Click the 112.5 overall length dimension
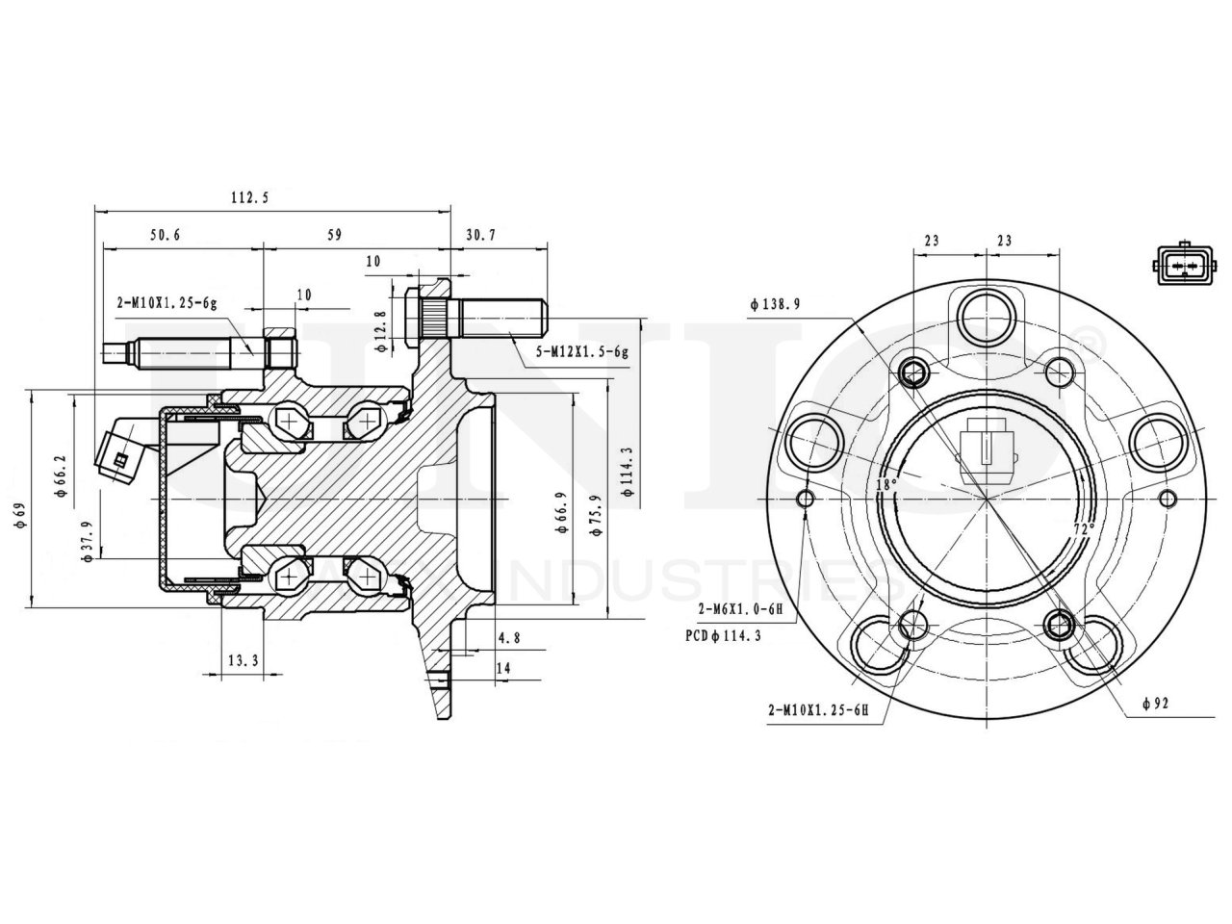(x=249, y=198)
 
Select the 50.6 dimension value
(x=166, y=235)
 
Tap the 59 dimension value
(x=335, y=235)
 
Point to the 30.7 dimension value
(x=480, y=235)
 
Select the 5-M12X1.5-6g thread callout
(x=582, y=352)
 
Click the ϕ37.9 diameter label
(x=88, y=541)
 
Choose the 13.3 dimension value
(x=243, y=660)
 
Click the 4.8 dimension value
(x=509, y=638)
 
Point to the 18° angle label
(x=885, y=484)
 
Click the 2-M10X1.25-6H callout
(x=818, y=710)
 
